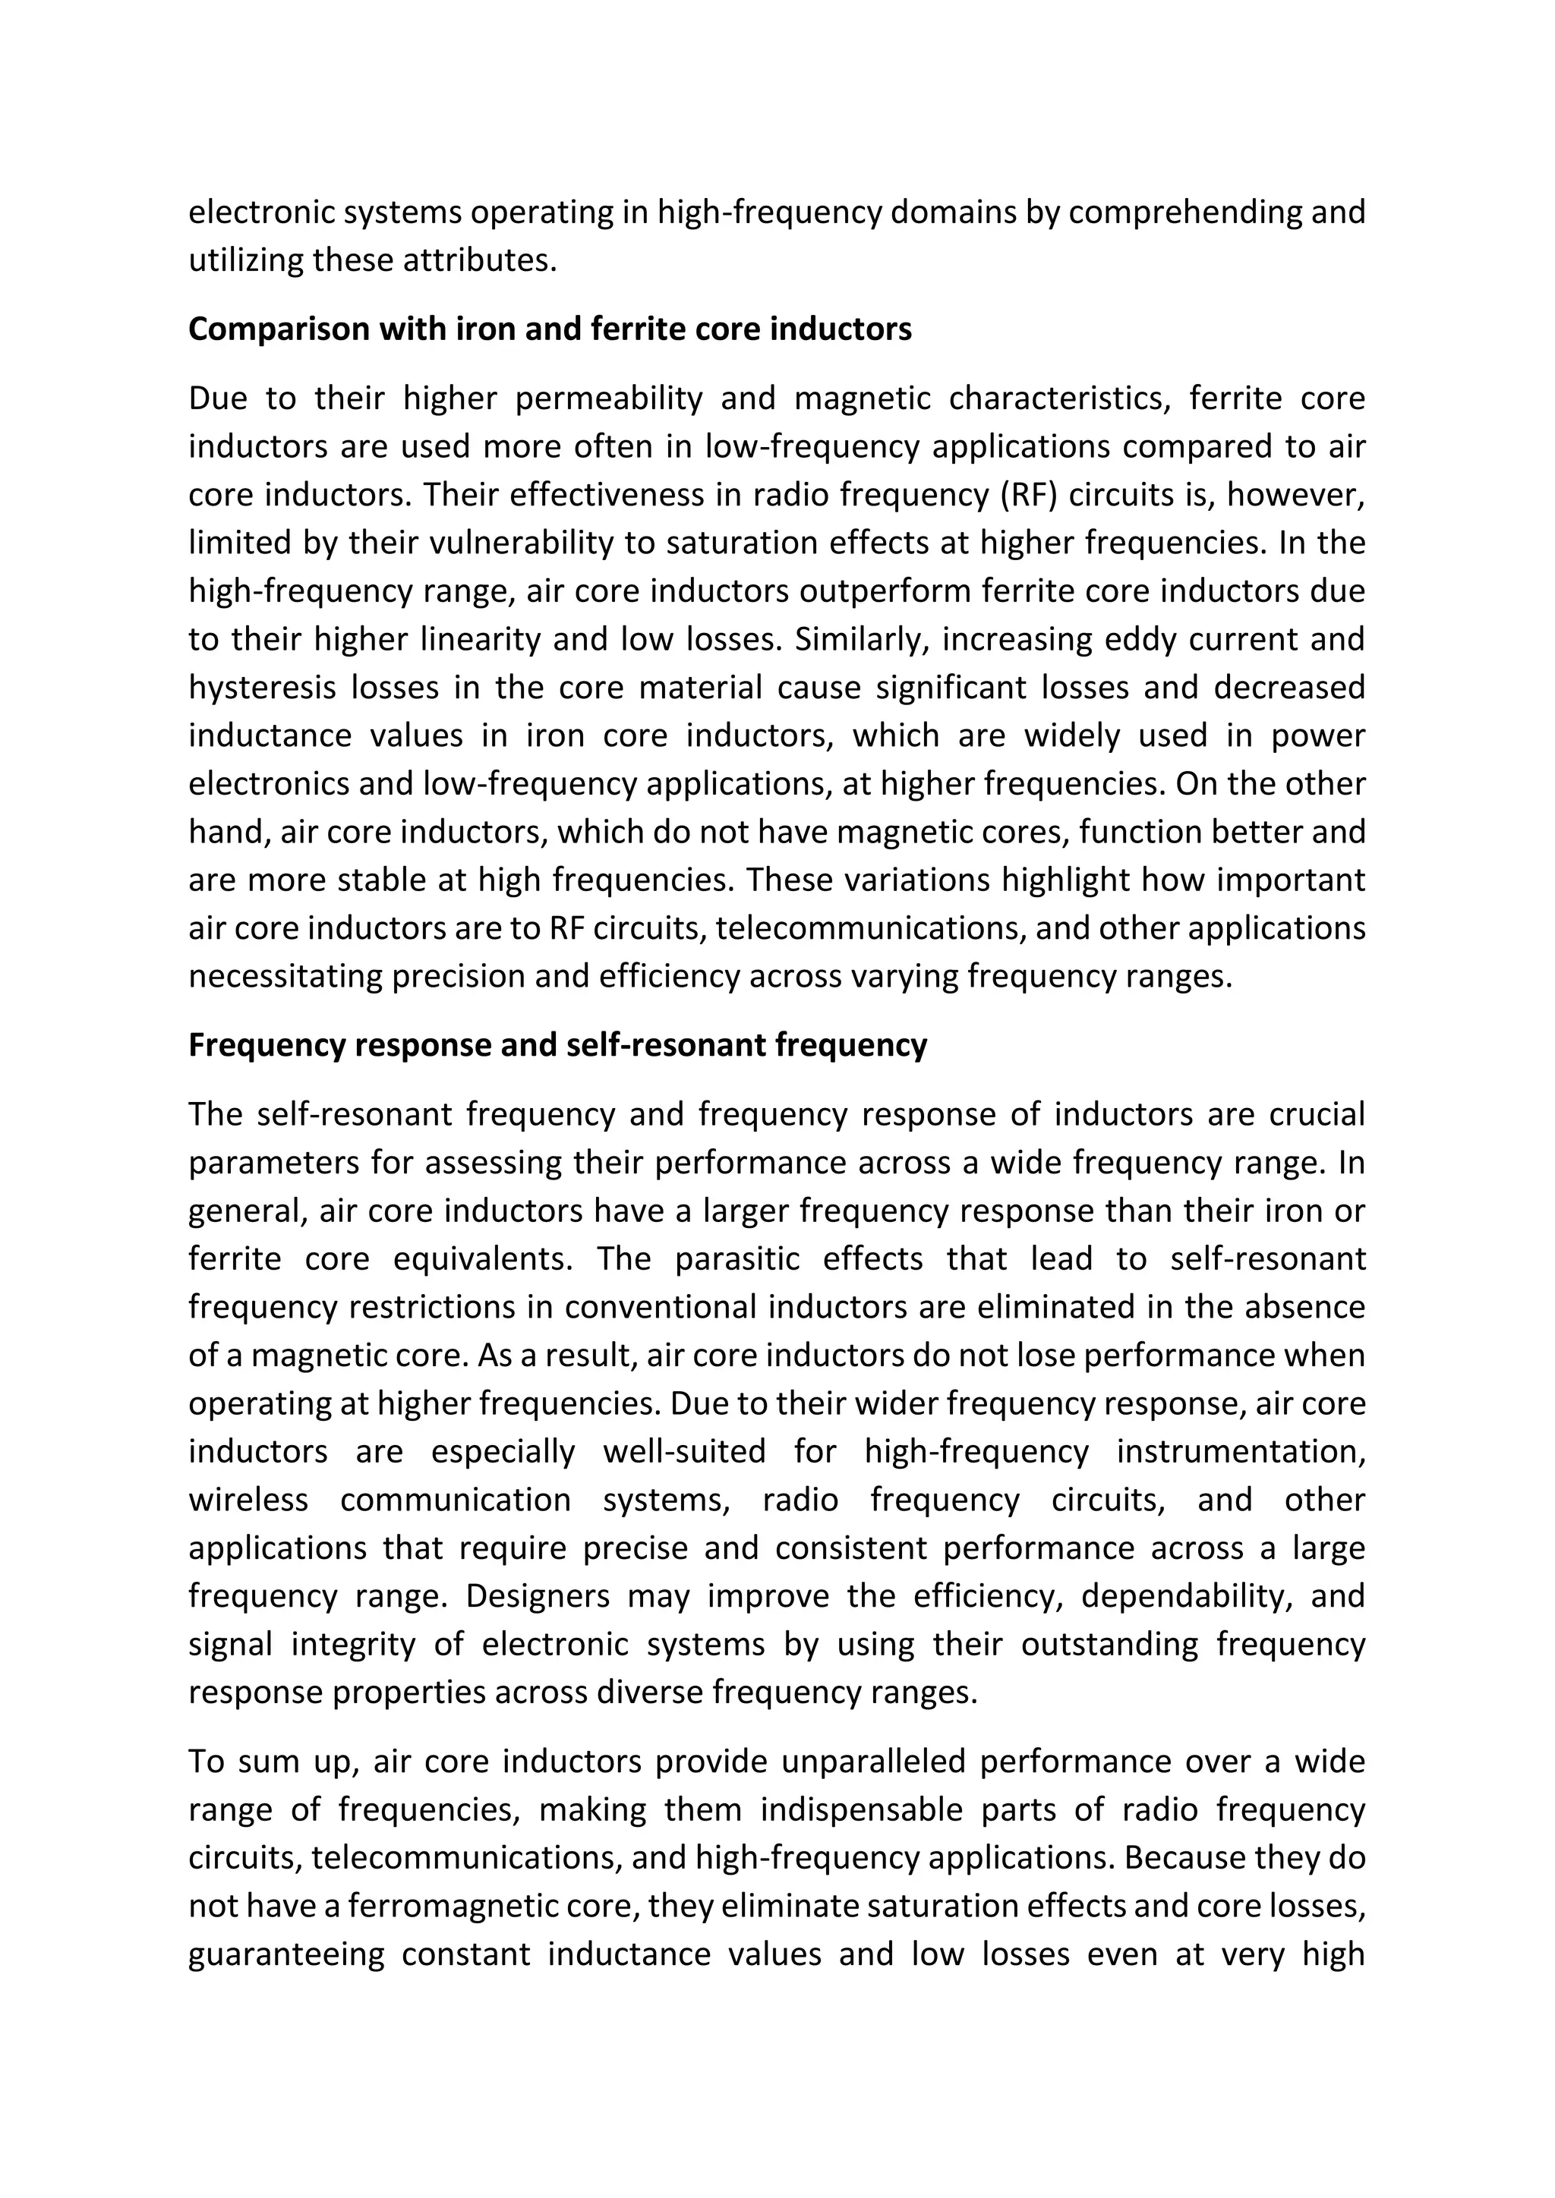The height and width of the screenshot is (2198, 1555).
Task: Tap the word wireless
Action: click(x=248, y=1499)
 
